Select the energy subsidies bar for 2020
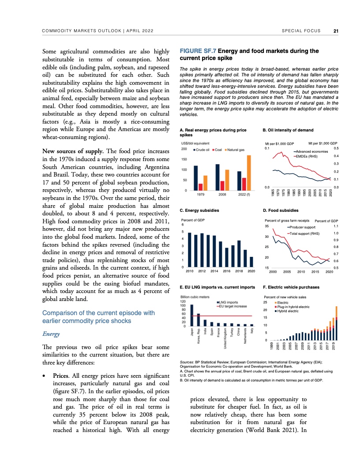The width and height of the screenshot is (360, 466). click(x=251, y=262)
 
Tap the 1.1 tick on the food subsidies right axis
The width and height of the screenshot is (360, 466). click(x=336, y=226)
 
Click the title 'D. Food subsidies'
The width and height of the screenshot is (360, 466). click(x=281, y=210)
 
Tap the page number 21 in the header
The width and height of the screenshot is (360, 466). click(x=336, y=31)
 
